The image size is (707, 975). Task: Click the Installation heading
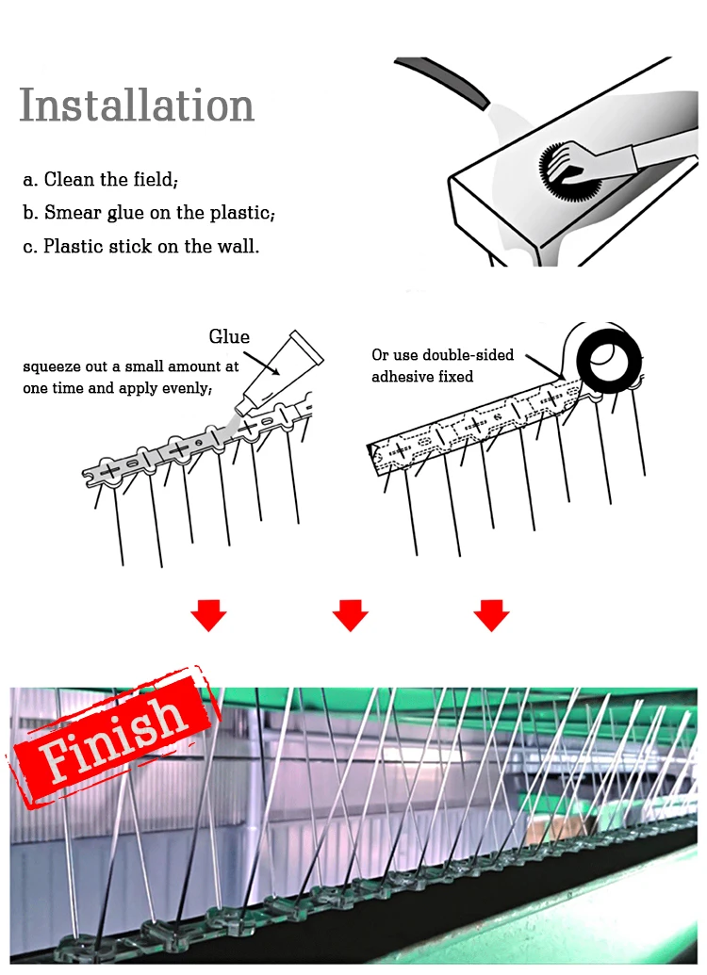[x=137, y=105]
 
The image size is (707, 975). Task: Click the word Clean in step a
[x=69, y=179]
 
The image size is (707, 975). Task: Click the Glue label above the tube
[x=229, y=336]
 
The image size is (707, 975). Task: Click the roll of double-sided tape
[x=609, y=360]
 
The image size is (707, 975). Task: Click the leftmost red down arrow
[x=208, y=615]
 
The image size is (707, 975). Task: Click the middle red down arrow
[x=351, y=615]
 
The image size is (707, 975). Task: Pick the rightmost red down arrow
[x=492, y=615]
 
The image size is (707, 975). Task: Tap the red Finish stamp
[x=113, y=737]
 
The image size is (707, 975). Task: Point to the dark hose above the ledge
[x=443, y=78]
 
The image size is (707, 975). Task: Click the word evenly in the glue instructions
[x=187, y=389]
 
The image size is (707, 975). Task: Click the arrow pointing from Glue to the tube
[x=261, y=363]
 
